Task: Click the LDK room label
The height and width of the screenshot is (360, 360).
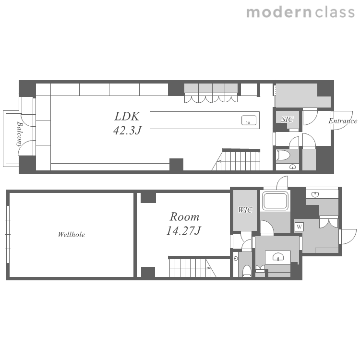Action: click(127, 117)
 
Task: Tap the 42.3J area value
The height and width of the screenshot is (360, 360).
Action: click(127, 131)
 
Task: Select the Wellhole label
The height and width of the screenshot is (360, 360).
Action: click(71, 234)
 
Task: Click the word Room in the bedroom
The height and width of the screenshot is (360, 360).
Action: click(184, 217)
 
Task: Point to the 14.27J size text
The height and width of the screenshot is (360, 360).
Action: click(184, 231)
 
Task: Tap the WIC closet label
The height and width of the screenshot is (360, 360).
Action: click(245, 210)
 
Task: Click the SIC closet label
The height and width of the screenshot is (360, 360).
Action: click(287, 120)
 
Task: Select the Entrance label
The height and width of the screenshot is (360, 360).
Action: click(343, 121)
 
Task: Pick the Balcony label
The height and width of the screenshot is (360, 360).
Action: click(19, 134)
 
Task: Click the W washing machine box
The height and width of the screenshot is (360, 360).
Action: click(299, 227)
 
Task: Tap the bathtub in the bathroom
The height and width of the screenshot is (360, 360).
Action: click(276, 201)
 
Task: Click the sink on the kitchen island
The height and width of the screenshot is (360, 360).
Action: click(249, 120)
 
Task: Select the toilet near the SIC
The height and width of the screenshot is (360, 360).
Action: click(284, 155)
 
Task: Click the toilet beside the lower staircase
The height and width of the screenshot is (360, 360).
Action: click(247, 271)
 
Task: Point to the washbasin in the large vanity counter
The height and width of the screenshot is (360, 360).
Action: click(278, 257)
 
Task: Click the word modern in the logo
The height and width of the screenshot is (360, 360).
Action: click(279, 12)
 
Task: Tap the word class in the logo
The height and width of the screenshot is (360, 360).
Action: click(335, 12)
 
